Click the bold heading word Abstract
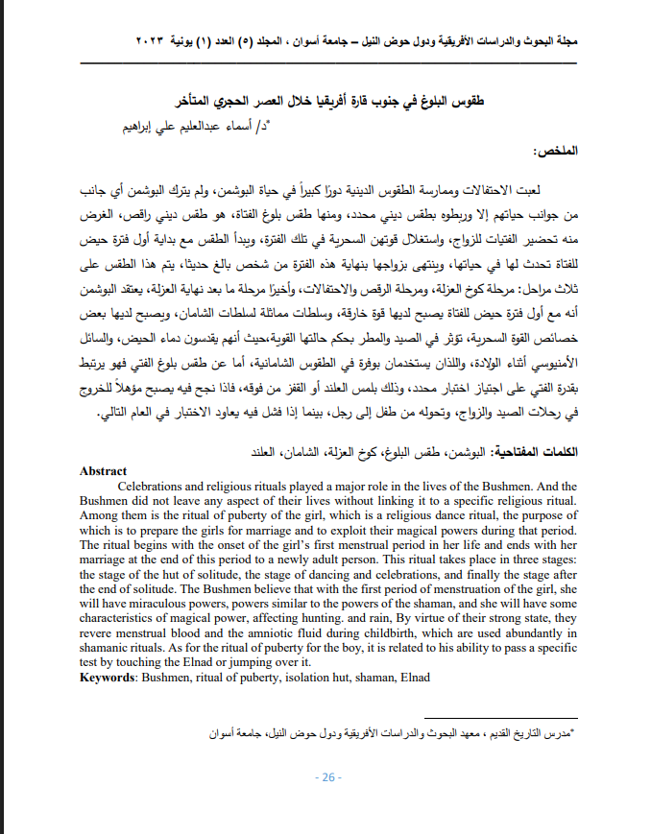(x=103, y=471)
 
